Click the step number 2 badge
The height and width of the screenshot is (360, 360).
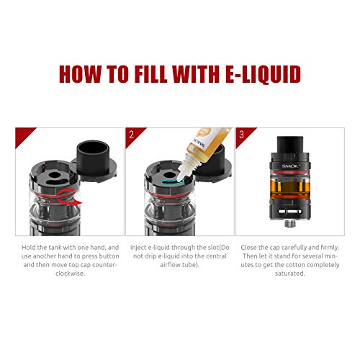tap(132, 134)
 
